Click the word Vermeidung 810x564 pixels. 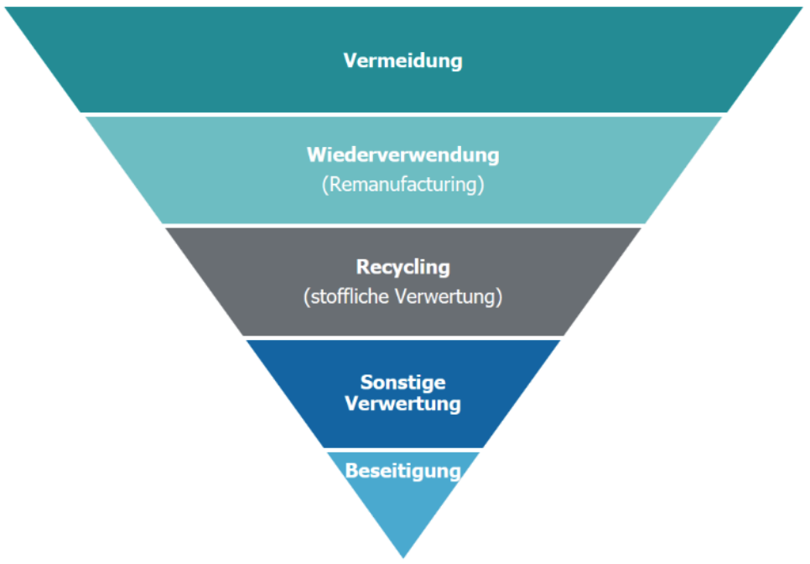[x=402, y=61]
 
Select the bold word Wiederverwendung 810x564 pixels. [x=402, y=155]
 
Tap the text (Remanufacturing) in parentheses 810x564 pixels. [x=402, y=185]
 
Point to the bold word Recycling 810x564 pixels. [x=402, y=267]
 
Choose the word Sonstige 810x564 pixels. [x=402, y=383]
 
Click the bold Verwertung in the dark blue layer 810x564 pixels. [x=402, y=404]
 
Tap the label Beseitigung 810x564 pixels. [x=402, y=471]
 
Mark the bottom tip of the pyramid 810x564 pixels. [x=403, y=556]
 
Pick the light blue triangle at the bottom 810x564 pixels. [x=403, y=512]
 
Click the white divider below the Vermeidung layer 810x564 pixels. [x=402, y=114]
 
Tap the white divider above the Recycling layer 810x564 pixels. [x=402, y=225]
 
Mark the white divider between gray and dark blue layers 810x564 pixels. [x=402, y=337]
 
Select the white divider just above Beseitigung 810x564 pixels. [x=402, y=450]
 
